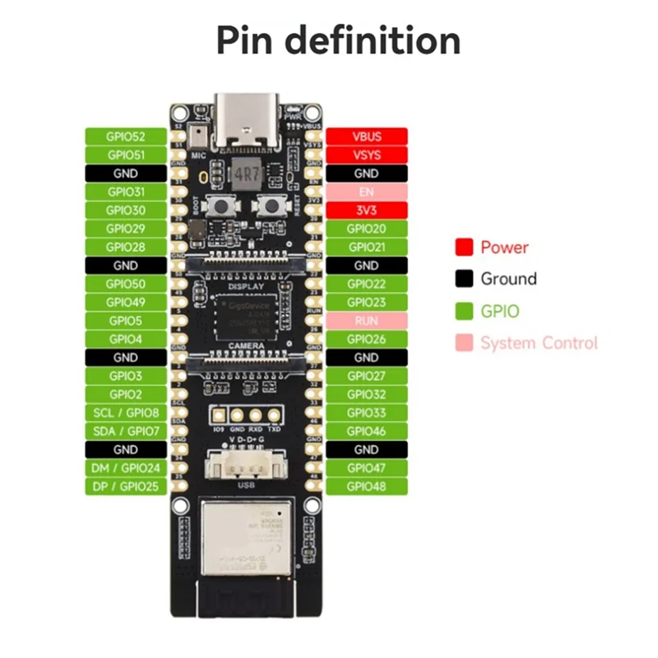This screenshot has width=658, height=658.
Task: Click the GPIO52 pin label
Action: coord(126,137)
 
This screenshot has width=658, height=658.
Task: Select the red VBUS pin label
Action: coord(366,137)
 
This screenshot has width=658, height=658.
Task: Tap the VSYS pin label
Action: coord(366,155)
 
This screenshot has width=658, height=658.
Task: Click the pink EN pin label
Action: coord(366,192)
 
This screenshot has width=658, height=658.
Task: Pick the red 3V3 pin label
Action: coord(366,210)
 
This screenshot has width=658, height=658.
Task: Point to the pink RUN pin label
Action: coord(366,321)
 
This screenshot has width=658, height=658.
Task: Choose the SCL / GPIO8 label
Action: coord(126,413)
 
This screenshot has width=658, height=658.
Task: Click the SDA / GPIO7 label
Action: coord(126,431)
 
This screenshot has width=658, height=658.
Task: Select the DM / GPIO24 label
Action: coord(126,468)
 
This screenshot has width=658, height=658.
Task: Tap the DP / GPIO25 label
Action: coord(126,486)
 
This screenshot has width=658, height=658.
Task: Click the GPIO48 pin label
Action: coord(366,486)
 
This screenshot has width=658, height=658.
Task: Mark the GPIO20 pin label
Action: coord(366,229)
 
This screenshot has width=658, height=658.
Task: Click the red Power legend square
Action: coord(465,247)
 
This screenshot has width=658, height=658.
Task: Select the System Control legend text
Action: coord(539,343)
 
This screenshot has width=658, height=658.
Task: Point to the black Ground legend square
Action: coord(465,279)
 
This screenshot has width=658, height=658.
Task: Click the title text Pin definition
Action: coord(338,40)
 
